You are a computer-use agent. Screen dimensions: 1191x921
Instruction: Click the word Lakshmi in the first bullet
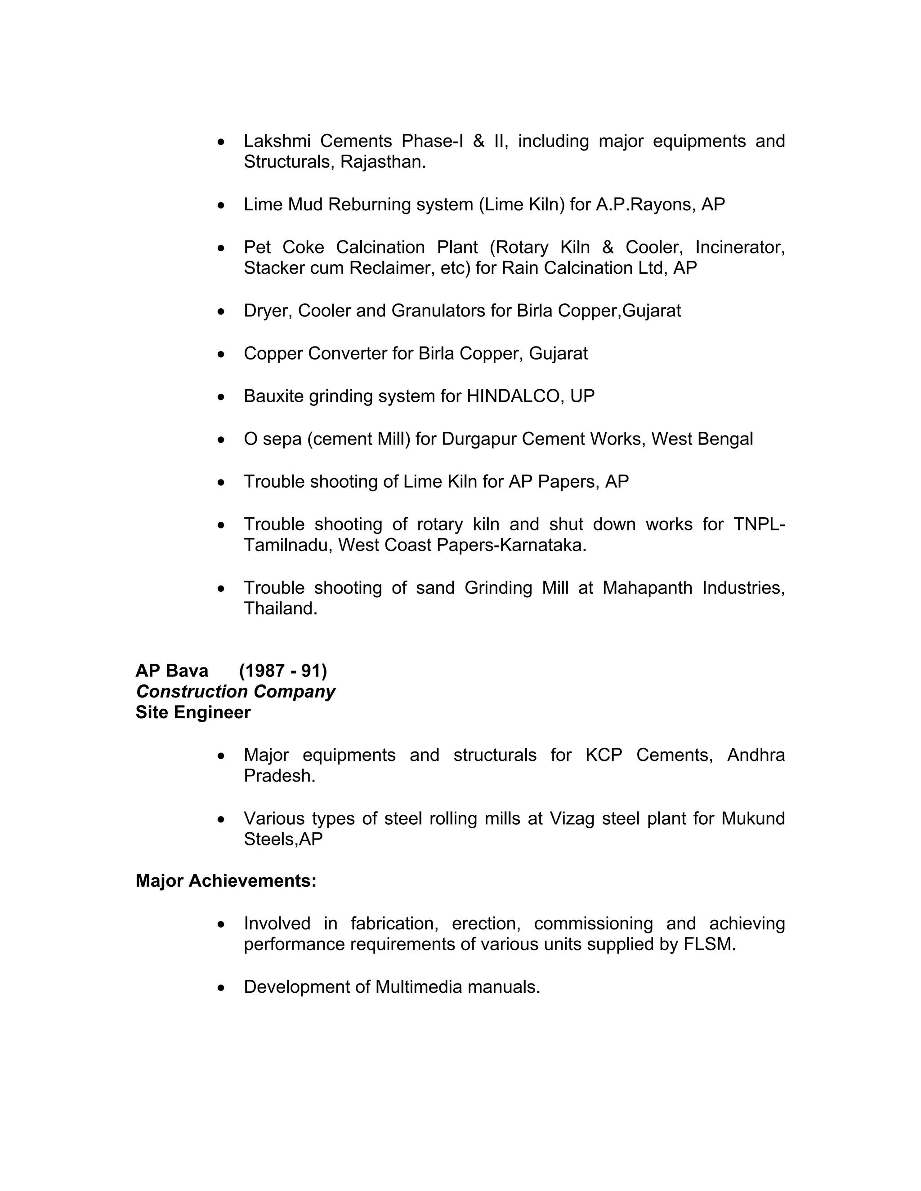click(x=277, y=141)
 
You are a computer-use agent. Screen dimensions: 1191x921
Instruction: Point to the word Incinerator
click(x=739, y=248)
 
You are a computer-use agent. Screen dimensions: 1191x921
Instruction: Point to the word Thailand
click(x=280, y=609)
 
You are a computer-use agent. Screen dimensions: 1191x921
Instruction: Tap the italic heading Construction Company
click(x=235, y=692)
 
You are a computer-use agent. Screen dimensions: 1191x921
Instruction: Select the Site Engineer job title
click(x=193, y=712)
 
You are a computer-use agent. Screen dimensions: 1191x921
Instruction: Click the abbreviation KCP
click(x=604, y=755)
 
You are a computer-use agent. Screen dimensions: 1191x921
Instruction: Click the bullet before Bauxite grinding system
click(x=221, y=397)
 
